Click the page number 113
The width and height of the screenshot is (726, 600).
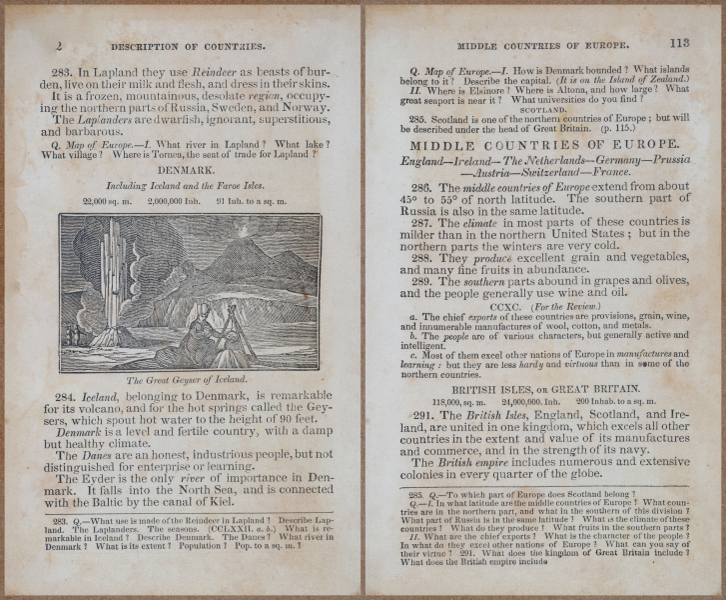click(x=679, y=43)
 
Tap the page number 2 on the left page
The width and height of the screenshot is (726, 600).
click(x=61, y=45)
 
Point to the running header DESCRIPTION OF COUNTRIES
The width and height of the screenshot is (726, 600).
click(x=188, y=46)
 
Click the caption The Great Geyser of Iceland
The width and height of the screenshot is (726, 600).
click(x=189, y=380)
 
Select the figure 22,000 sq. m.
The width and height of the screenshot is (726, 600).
click(x=109, y=201)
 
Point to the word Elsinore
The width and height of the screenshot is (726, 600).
click(x=481, y=89)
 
